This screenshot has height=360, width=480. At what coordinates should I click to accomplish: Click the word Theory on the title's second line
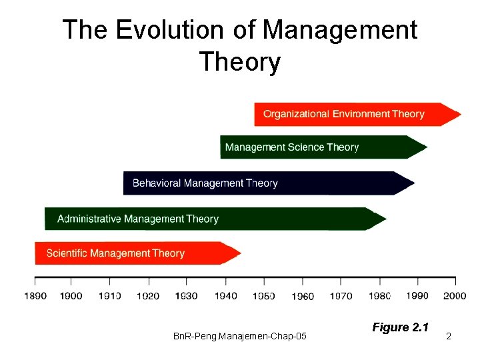239,62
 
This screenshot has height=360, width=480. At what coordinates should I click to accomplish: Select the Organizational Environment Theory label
343,114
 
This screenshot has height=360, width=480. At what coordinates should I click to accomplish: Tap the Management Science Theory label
292,147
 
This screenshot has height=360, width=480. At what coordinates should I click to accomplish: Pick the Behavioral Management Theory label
205,183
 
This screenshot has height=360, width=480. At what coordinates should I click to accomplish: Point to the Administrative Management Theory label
138,219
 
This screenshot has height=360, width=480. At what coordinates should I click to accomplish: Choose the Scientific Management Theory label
115,253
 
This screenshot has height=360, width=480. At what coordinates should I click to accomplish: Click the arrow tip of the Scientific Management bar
237,253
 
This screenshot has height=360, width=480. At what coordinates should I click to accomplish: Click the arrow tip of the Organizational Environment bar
457,114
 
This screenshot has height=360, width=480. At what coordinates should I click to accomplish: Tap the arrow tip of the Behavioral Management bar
411,183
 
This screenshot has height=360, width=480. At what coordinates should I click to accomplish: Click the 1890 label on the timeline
35,296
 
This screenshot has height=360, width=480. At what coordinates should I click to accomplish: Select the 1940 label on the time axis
225,296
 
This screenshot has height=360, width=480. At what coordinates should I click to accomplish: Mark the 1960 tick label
303,297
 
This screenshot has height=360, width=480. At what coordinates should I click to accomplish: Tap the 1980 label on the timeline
379,296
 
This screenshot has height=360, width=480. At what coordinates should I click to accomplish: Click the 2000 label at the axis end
455,296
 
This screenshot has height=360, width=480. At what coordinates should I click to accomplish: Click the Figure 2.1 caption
400,327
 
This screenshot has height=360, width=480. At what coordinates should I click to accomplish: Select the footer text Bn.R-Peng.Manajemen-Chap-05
240,337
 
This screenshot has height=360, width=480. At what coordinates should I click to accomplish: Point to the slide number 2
449,337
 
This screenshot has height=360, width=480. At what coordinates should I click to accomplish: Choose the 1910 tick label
110,296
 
